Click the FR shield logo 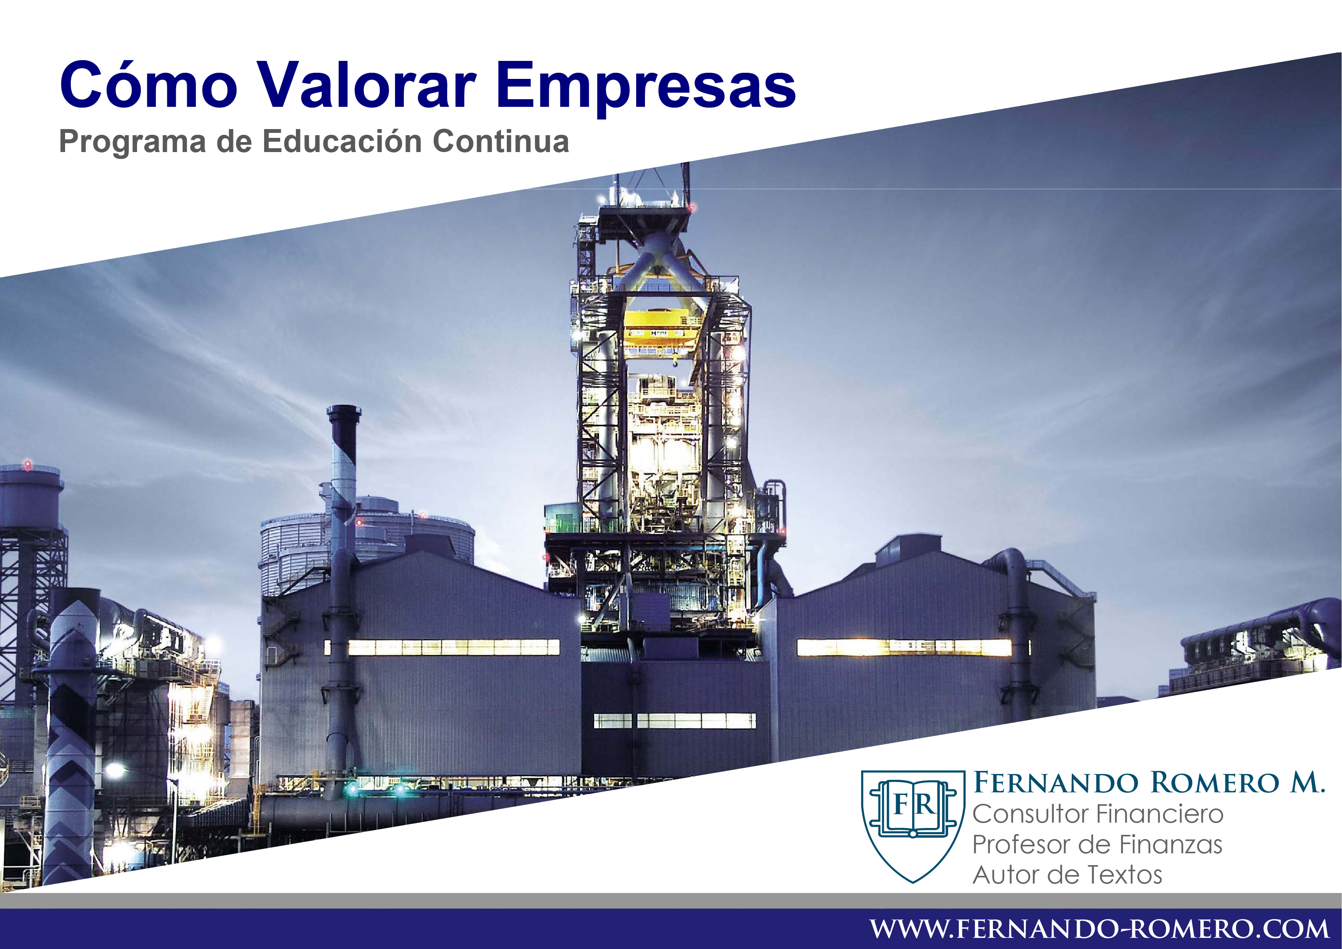(913, 826)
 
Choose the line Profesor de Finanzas (1097, 844)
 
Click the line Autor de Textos (1067, 875)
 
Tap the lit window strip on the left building (442, 647)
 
